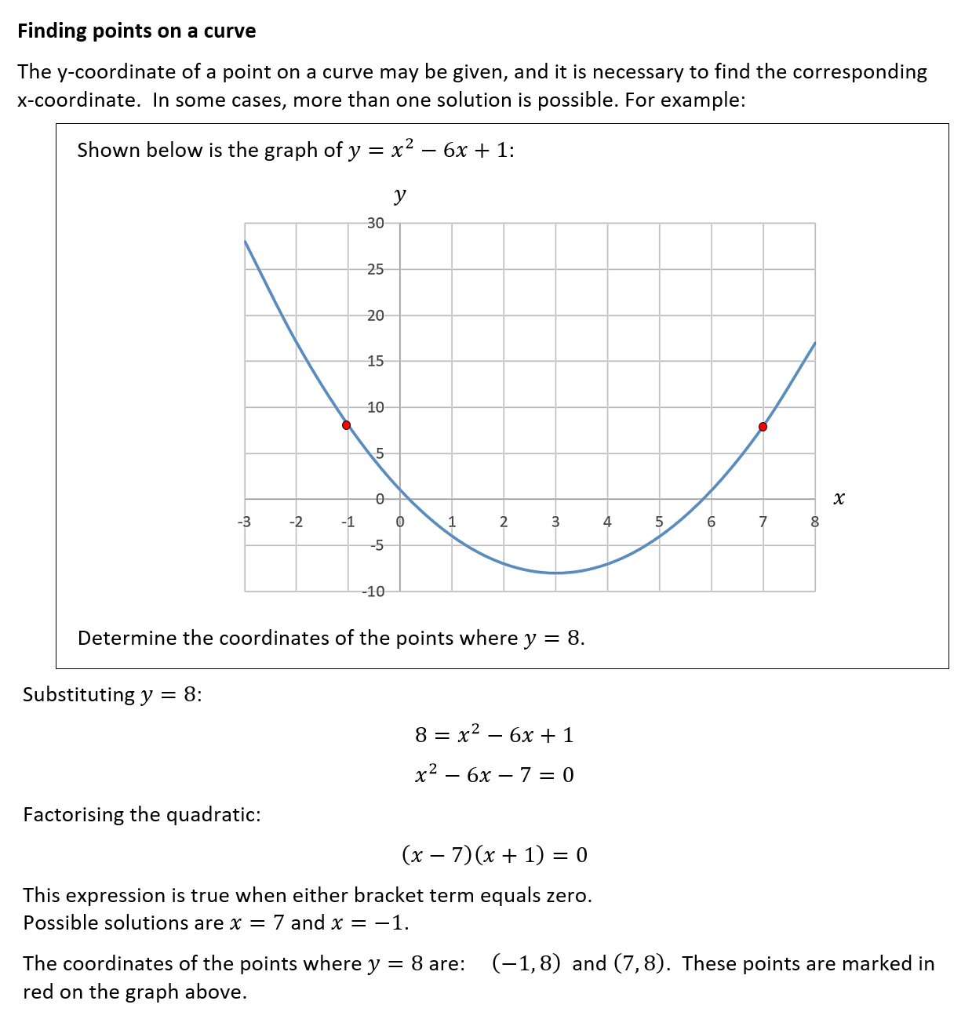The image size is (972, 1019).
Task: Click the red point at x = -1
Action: tap(347, 425)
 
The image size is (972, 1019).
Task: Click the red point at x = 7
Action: tap(763, 427)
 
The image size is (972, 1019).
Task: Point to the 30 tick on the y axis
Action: tap(376, 224)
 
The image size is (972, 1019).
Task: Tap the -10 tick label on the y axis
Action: tap(373, 591)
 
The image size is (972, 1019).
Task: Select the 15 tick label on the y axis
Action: tap(376, 362)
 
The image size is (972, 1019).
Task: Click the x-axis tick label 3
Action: tap(555, 522)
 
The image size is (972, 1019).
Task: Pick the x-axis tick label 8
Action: tap(814, 522)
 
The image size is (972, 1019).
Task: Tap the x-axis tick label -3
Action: tap(244, 522)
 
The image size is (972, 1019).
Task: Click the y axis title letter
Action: tap(400, 195)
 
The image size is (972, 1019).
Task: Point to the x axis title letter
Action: tap(839, 498)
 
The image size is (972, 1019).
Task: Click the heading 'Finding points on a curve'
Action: tap(137, 31)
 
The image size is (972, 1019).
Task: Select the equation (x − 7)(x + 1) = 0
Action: tap(494, 854)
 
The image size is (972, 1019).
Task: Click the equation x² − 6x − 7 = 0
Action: tap(494, 775)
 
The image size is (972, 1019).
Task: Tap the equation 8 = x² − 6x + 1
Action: tap(494, 735)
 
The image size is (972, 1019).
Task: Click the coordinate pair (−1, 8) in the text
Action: tap(526, 963)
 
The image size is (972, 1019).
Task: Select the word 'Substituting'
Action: tap(78, 695)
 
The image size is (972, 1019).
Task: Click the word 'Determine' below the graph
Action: tap(127, 638)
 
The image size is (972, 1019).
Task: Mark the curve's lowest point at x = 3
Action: tap(555, 573)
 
